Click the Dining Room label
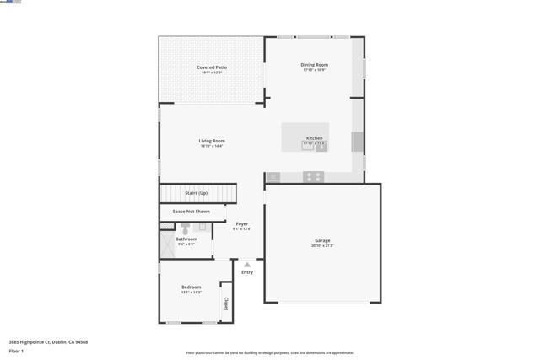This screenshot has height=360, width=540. tap(314, 65)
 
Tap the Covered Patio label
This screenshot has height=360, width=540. tap(212, 67)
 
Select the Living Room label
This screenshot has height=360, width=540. tap(212, 141)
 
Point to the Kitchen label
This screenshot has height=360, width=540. tap(314, 138)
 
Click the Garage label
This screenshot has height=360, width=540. tap(322, 240)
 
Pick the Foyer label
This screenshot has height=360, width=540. tap(242, 223)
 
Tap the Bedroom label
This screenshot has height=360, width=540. tap(191, 287)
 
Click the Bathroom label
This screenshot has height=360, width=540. tap(186, 239)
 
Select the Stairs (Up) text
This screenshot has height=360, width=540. tap(197, 193)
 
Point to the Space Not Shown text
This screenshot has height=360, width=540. tap(191, 212)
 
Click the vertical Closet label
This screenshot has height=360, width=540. tap(225, 303)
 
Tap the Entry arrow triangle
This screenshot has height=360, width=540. tap(247, 265)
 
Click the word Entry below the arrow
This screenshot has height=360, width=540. tap(247, 272)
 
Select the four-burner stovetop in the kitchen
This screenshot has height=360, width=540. tap(313, 177)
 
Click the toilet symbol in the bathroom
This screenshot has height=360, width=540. tap(185, 228)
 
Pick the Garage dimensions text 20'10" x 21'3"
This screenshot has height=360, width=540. tap(322, 245)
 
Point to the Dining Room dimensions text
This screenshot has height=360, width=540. tap(314, 70)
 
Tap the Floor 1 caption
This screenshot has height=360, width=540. tap(16, 351)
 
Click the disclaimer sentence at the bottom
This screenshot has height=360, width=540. tap(270, 353)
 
